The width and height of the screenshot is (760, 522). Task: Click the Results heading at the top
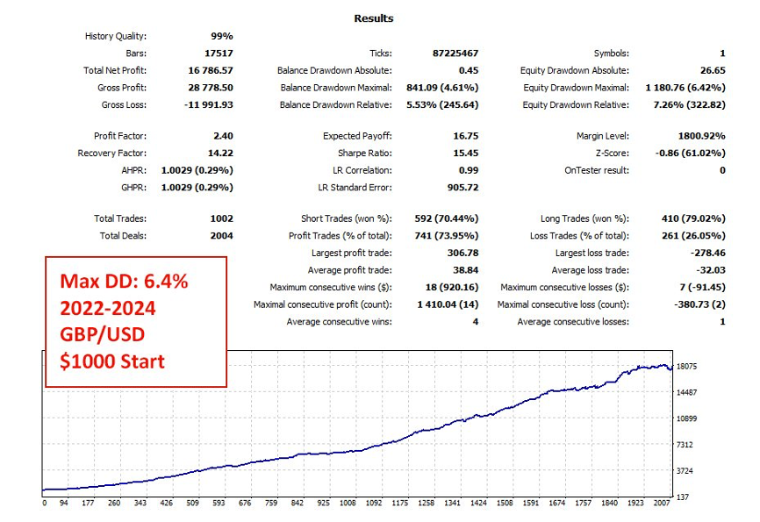[x=374, y=18]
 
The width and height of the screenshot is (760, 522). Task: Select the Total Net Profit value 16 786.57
[x=210, y=70]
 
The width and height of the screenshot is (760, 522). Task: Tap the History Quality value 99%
[x=221, y=36]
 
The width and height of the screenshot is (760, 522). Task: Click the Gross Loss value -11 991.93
[x=207, y=104]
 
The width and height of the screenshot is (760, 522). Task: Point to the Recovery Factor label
[x=112, y=154]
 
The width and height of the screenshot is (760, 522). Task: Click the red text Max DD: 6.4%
[x=124, y=282]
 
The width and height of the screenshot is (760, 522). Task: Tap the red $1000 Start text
[x=112, y=361]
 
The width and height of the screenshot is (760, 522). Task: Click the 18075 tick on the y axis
[x=688, y=366]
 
